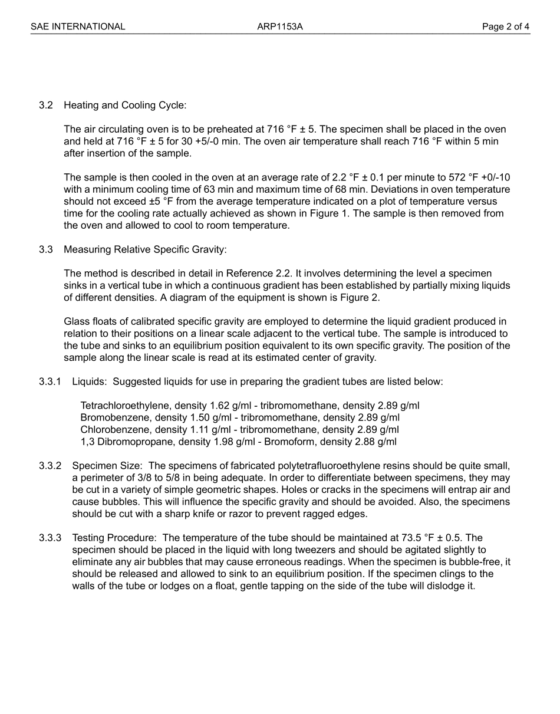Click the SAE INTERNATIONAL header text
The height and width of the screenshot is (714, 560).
point(78,27)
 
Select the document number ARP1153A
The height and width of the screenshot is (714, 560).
point(280,27)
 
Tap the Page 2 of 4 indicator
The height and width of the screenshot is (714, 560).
point(505,27)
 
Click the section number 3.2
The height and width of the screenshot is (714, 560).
point(46,106)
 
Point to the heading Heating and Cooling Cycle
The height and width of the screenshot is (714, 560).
point(125,106)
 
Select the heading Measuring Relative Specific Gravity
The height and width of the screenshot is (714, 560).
point(145,249)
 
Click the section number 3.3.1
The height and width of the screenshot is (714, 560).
point(50,381)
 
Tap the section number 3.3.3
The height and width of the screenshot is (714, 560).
point(50,538)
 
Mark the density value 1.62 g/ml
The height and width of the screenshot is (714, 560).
point(230,406)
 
